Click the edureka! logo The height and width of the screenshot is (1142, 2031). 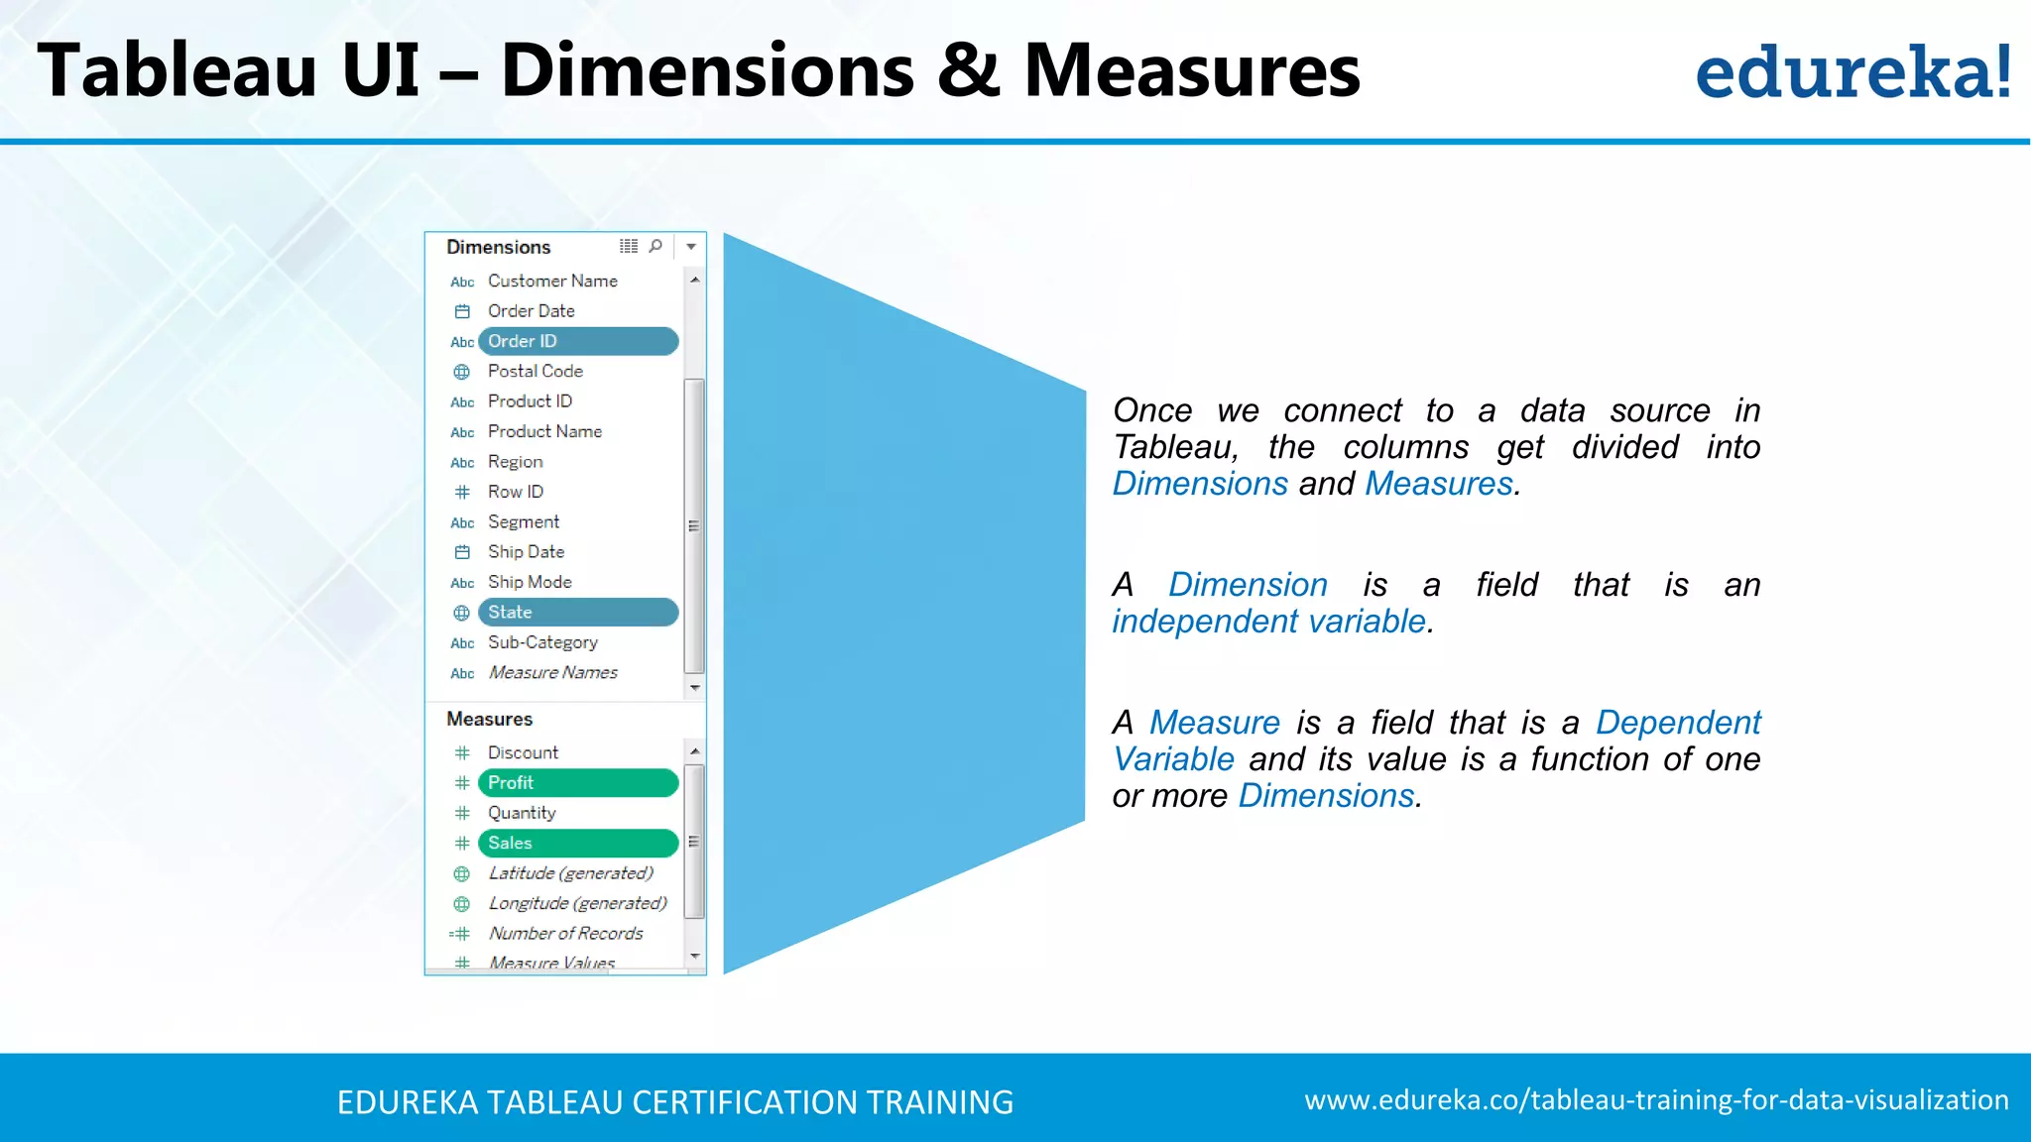click(1852, 72)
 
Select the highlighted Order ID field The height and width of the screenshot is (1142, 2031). click(577, 341)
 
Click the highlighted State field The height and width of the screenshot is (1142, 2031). click(577, 613)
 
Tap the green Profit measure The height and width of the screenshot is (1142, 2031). click(577, 783)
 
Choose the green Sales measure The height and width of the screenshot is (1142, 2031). click(577, 844)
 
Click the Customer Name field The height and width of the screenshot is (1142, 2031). click(552, 282)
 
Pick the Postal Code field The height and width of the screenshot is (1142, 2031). click(535, 372)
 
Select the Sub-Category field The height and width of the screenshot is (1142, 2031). click(542, 642)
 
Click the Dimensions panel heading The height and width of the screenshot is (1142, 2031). click(498, 247)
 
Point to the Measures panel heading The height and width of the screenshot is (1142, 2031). click(489, 719)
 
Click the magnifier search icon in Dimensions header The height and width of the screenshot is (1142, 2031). click(656, 246)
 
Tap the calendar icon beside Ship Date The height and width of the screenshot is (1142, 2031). click(462, 552)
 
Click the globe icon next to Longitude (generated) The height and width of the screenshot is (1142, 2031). click(462, 904)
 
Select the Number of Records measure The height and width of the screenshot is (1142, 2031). click(565, 934)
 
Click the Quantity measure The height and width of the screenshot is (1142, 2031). click(522, 813)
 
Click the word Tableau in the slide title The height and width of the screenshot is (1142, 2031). click(177, 71)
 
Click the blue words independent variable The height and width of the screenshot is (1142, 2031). click(1268, 622)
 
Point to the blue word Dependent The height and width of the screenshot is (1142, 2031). click(1678, 723)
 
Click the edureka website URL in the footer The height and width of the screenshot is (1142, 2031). click(1656, 1100)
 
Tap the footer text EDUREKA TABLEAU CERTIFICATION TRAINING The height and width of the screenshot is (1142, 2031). click(674, 1102)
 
